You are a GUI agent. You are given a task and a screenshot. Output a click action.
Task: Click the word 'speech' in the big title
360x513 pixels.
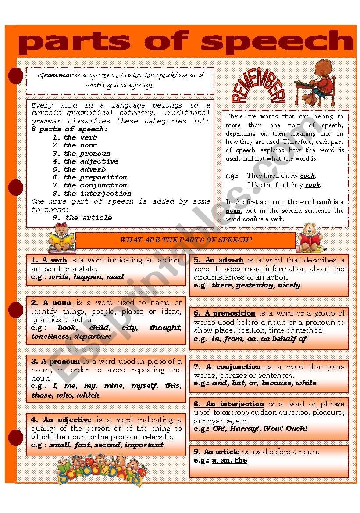pos(276,43)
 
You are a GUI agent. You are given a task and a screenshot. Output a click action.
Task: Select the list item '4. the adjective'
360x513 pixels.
pos(86,161)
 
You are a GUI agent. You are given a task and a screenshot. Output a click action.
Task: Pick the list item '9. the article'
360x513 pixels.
pos(82,218)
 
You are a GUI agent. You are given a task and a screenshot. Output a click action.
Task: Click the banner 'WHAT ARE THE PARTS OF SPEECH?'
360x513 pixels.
pos(186,240)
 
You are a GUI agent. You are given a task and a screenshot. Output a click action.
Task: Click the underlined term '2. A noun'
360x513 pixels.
pos(51,302)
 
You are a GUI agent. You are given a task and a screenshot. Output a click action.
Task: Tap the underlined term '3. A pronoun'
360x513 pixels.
pos(55,362)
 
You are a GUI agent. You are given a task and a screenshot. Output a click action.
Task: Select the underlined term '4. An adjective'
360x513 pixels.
pos(61,420)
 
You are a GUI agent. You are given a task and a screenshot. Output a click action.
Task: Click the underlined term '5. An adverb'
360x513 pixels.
pos(218,260)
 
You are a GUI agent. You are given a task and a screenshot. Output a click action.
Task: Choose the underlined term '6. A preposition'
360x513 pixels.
pos(225,313)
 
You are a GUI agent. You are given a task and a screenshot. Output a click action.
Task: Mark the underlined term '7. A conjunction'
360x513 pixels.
pos(227,366)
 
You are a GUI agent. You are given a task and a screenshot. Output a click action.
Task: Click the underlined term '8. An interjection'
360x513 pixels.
pos(229,404)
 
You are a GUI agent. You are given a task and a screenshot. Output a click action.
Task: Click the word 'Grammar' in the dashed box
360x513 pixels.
pos(55,75)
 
